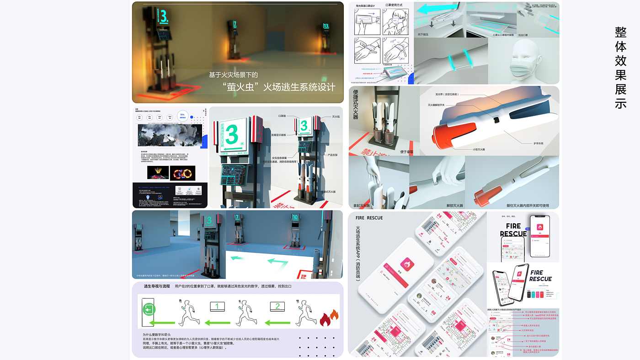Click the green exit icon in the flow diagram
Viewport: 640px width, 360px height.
(x=149, y=310)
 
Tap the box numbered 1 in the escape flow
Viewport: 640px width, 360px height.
(x=217, y=307)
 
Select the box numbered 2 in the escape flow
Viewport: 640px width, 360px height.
(x=277, y=307)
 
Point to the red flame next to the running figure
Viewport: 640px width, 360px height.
(x=329, y=318)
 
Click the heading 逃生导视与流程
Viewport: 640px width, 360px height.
(x=157, y=286)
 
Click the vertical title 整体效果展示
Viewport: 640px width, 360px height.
(x=620, y=68)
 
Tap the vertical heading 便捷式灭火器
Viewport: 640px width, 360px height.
(x=356, y=104)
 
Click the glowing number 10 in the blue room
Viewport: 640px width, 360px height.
(x=295, y=217)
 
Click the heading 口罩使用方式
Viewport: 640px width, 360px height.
(x=395, y=5)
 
